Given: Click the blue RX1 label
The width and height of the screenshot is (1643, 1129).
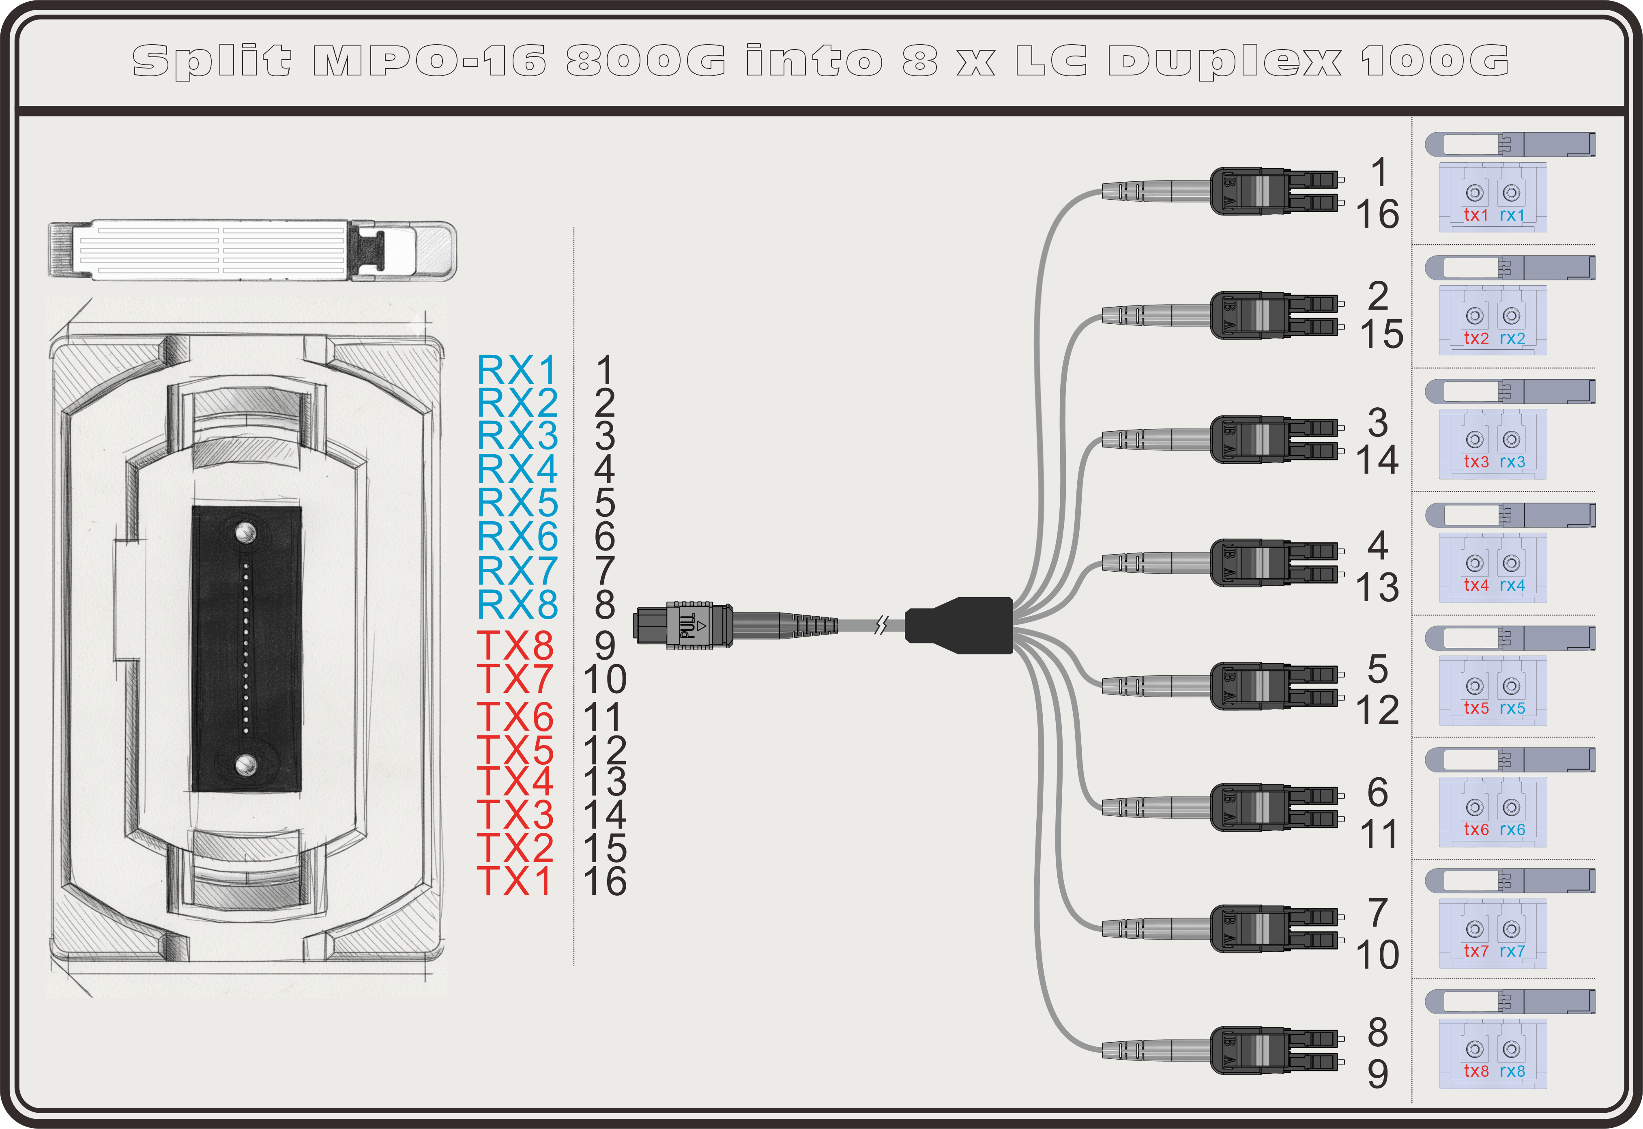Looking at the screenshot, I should [x=517, y=370].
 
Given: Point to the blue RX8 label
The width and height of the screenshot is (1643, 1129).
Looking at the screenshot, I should [x=517, y=605].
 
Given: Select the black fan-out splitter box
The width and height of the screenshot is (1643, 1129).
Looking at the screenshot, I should [x=960, y=625].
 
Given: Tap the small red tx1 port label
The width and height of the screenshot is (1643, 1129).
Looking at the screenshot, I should [x=1476, y=215].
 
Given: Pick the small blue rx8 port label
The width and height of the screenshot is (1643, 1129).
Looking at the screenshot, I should [x=1512, y=1071].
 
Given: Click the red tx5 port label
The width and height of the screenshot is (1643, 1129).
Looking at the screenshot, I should [x=1476, y=708].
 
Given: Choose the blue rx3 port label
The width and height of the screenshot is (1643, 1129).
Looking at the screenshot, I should [x=1512, y=462].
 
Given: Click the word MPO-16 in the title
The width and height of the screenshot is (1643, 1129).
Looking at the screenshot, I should [x=430, y=61].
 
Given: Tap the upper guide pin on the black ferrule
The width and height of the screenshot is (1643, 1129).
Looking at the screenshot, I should [x=245, y=532].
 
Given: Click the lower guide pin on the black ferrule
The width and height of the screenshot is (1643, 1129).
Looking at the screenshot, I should [x=245, y=763].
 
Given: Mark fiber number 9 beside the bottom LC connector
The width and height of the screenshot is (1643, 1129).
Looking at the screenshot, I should [x=1377, y=1074].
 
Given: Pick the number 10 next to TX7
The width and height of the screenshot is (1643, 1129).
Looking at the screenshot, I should [x=605, y=679].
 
